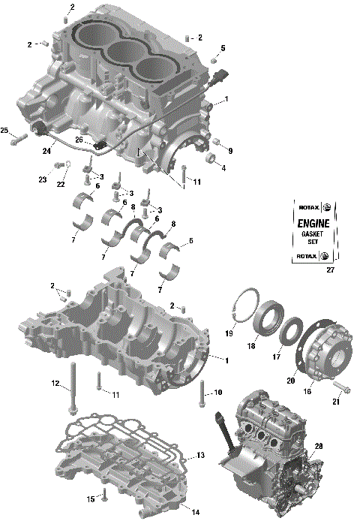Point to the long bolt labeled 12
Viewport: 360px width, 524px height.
tap(72, 387)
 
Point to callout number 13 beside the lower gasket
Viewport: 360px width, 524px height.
tap(200, 456)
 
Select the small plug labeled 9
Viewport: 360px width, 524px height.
tap(214, 142)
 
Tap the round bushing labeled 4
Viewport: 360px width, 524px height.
tap(211, 159)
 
